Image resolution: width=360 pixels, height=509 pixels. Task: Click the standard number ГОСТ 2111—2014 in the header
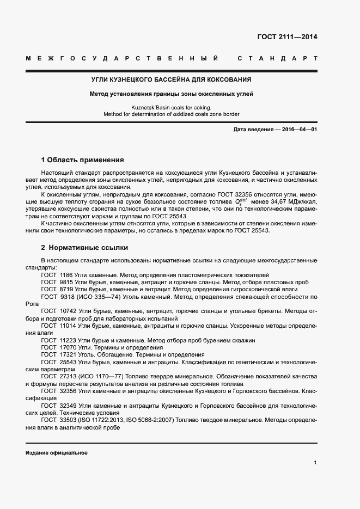(286, 38)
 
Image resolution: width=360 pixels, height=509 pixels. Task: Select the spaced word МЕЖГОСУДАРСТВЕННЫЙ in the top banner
(122, 58)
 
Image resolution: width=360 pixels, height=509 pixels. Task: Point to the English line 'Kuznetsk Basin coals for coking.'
(171, 107)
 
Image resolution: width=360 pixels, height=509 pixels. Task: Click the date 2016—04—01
(298, 129)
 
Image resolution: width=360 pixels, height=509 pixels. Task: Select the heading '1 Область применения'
(83, 160)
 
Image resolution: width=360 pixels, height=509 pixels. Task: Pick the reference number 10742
(68, 311)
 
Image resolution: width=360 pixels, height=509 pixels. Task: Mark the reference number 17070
(68, 347)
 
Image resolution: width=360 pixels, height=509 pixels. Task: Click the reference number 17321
(68, 354)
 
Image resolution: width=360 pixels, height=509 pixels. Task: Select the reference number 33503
(68, 420)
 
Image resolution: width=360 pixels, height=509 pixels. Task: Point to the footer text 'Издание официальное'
(57, 453)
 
